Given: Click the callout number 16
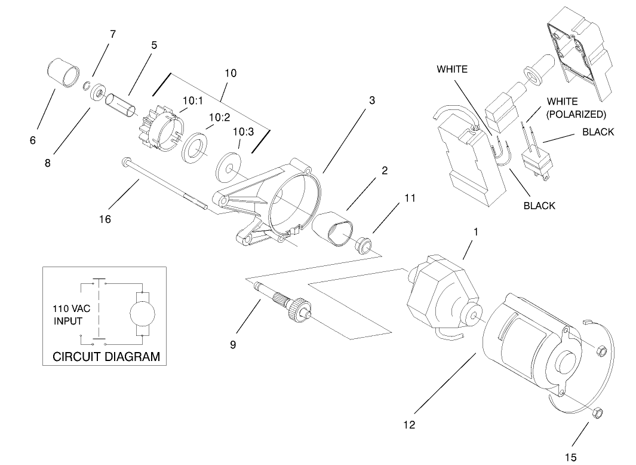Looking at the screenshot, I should [x=105, y=219].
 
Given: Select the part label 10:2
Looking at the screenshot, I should [x=219, y=118].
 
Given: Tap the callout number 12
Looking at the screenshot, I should [x=409, y=425].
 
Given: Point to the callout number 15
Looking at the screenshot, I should [x=571, y=457].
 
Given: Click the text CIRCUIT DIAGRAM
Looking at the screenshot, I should [x=106, y=357].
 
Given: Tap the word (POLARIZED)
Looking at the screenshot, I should [x=576, y=114].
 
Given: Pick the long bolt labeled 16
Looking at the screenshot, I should [x=165, y=184].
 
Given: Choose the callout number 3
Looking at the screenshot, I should [x=372, y=100].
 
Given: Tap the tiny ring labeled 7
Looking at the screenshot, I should [x=87, y=84].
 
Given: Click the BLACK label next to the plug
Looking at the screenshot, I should [x=598, y=132].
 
